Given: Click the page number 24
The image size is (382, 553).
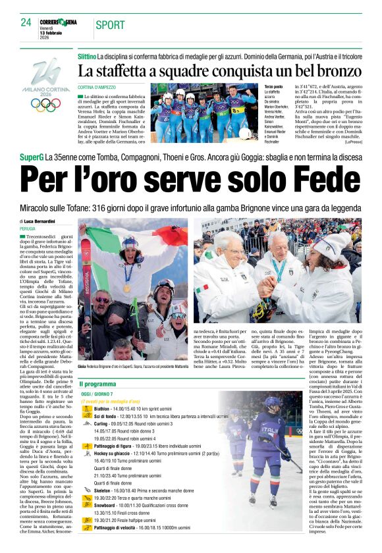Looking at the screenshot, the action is [26, 23].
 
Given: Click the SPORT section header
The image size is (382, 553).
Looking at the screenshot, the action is [110, 25].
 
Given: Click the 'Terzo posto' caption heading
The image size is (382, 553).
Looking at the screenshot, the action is [273, 86].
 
